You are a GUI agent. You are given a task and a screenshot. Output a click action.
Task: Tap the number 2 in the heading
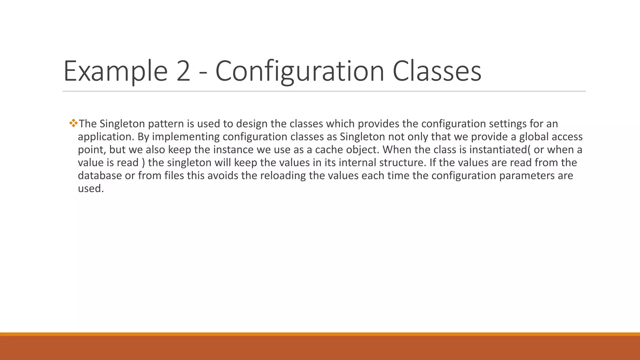[183, 71]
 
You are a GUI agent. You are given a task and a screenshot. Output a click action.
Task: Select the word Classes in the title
[437, 71]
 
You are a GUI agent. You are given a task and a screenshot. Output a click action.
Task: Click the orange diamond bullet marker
[73, 123]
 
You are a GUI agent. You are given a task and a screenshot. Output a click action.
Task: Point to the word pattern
[166, 124]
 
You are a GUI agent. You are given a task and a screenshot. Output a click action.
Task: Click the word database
[100, 176]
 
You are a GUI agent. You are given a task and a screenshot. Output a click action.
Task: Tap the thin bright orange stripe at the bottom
[320, 334]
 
